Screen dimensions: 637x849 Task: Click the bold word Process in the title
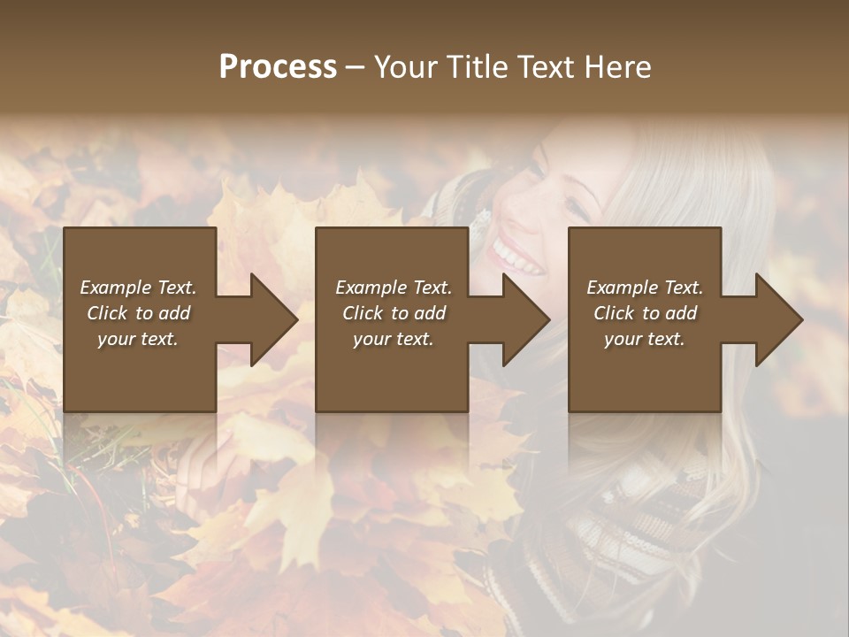[278, 67]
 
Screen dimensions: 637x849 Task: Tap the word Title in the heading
[474, 67]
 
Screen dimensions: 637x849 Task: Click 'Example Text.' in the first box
[138, 288]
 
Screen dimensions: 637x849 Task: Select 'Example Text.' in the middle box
[394, 288]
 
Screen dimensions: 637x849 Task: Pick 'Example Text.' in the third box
[645, 288]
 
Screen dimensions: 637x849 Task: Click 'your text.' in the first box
[138, 339]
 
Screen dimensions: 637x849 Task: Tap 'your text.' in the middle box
[394, 339]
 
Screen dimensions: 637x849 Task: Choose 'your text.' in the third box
[645, 339]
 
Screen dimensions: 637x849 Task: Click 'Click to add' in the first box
[138, 313]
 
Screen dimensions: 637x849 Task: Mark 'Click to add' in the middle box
[394, 313]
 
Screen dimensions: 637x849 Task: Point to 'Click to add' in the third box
[645, 313]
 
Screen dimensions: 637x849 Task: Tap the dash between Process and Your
[355, 67]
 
